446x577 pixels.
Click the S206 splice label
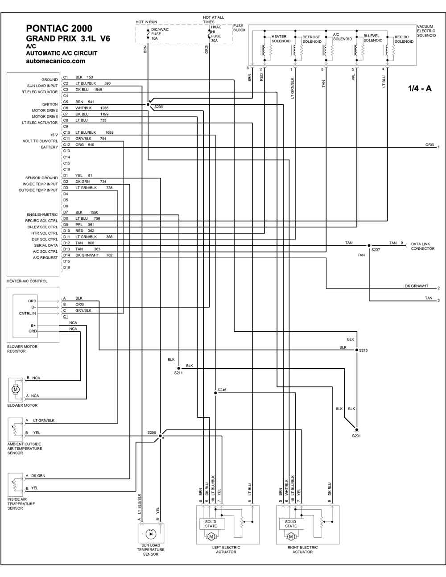159,108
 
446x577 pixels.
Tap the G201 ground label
356,436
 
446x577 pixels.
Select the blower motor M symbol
16,389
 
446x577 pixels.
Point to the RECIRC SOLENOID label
404,39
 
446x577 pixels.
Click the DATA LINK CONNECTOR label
422,247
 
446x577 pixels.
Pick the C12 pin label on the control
66,145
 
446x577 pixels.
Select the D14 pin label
66,256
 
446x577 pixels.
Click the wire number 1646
98,90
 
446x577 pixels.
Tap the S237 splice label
376,250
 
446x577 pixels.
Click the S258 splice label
152,433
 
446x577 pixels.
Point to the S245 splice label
222,390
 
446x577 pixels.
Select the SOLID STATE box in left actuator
211,523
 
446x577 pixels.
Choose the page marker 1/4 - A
419,88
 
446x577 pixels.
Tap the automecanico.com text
56,61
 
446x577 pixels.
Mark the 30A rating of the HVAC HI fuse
214,41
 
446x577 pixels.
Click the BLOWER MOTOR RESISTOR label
22,349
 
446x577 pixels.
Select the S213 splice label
363,350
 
